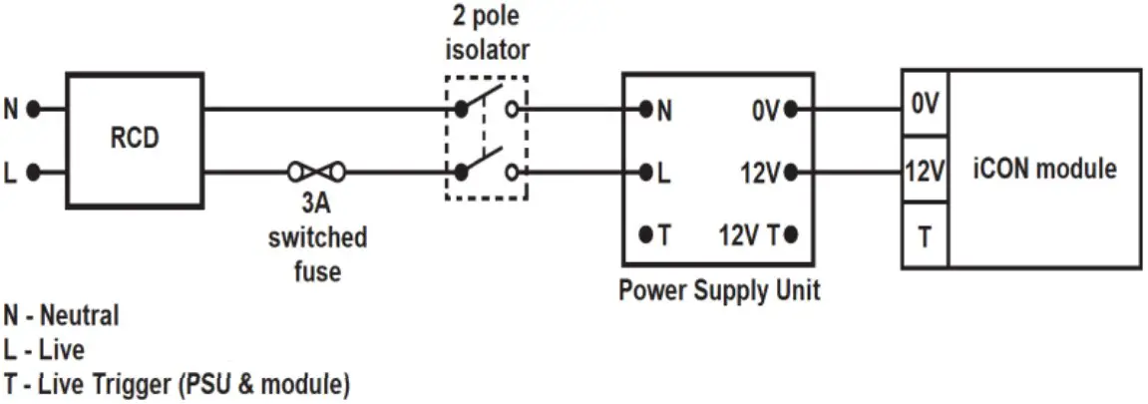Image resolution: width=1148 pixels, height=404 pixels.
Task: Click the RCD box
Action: point(134,140)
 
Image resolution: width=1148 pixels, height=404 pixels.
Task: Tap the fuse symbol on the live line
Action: point(316,173)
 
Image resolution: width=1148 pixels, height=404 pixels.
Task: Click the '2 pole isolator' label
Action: point(486,33)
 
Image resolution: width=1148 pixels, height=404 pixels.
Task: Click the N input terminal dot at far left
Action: point(32,110)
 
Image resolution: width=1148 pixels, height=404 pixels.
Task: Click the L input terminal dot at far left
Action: point(32,173)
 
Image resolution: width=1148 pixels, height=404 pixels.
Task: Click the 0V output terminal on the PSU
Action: point(791,110)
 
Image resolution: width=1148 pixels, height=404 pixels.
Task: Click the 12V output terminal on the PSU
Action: point(791,173)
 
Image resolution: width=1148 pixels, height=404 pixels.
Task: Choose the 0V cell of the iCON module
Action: point(925,104)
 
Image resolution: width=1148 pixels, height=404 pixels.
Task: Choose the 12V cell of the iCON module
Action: point(925,172)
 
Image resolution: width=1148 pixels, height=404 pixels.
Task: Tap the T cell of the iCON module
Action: point(925,235)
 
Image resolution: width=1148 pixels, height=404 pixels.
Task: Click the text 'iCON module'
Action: point(1044,169)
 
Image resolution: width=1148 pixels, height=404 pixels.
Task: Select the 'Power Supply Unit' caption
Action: point(719,290)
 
